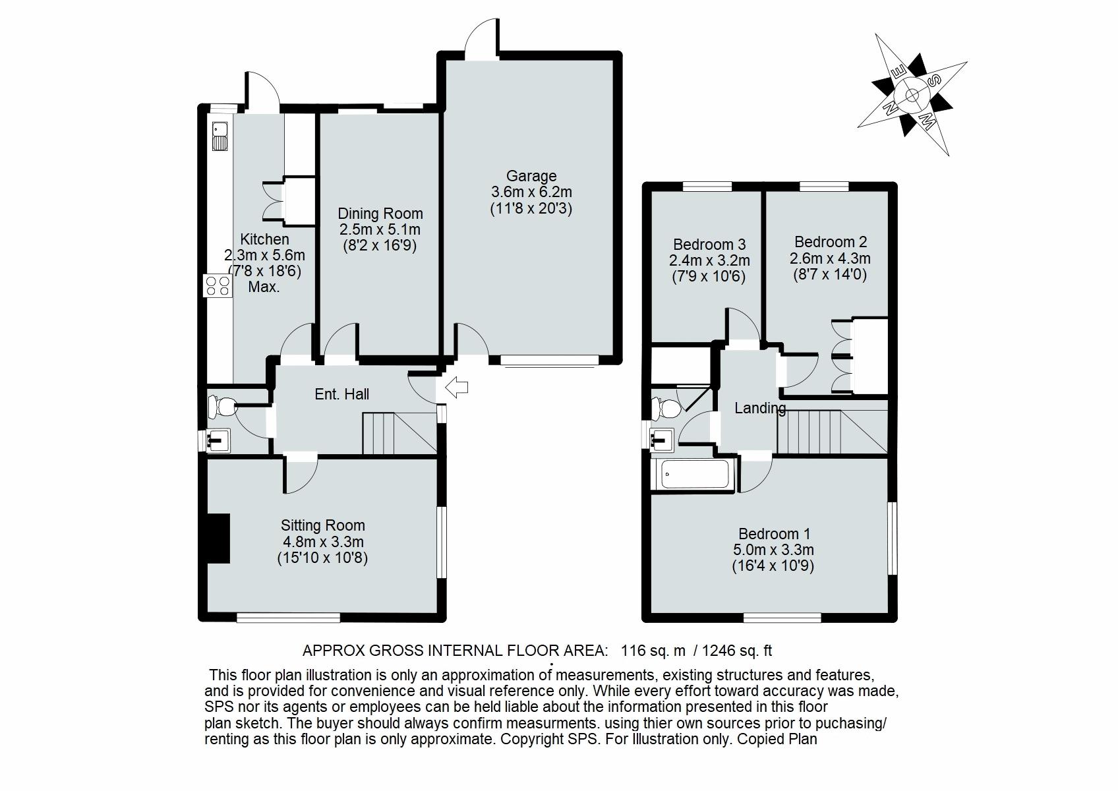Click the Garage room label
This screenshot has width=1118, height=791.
[x=531, y=176]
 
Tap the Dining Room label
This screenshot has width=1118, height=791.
[x=380, y=214]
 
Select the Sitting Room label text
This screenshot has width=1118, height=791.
[x=322, y=525]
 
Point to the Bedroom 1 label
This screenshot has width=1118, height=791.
[x=774, y=534]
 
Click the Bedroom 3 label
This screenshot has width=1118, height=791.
[x=709, y=245]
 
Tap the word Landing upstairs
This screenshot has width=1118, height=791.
[x=759, y=409]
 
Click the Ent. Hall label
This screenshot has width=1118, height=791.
[x=341, y=394]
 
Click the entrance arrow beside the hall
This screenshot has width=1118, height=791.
[x=456, y=387]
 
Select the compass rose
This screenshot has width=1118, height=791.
[x=912, y=96]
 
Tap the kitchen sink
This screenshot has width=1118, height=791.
[x=220, y=136]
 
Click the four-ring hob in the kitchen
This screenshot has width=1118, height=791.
[x=218, y=285]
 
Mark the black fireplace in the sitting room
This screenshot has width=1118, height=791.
[x=218, y=539]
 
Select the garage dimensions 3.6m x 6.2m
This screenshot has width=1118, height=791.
[x=531, y=192]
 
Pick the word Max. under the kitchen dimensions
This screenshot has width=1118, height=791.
[x=264, y=287]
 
